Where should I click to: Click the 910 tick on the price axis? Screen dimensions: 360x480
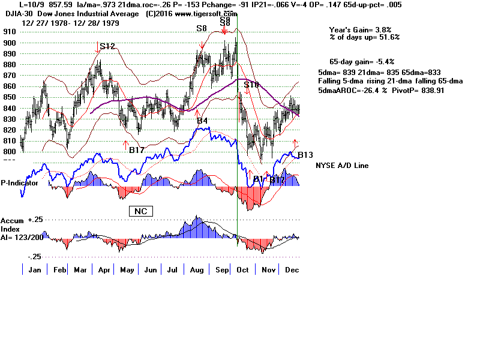click(10, 32)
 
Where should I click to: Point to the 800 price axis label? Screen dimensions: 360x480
click(10, 152)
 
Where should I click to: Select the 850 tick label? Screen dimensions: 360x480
click(10, 97)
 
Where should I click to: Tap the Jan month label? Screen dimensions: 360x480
click(35, 270)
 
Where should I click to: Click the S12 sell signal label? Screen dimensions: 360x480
click(107, 46)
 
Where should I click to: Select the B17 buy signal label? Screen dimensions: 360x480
click(137, 150)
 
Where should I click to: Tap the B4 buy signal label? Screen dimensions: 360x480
click(202, 121)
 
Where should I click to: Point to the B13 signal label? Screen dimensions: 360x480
click(305, 155)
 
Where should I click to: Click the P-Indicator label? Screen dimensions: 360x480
click(20, 183)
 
